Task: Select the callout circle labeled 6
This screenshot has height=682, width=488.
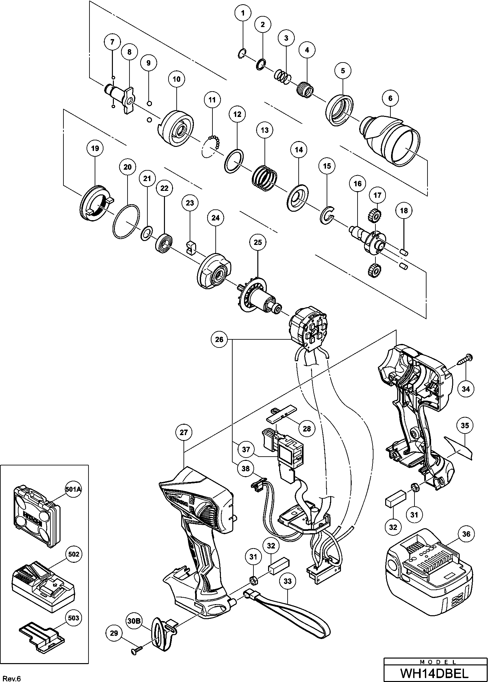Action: click(x=390, y=98)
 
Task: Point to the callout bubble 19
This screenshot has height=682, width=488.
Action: click(x=95, y=149)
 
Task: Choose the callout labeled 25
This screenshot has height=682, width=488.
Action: click(x=258, y=242)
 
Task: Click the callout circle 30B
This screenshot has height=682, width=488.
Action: click(x=134, y=621)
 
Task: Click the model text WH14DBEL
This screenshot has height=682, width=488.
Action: click(x=435, y=673)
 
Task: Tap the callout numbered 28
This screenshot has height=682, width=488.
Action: click(x=307, y=429)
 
